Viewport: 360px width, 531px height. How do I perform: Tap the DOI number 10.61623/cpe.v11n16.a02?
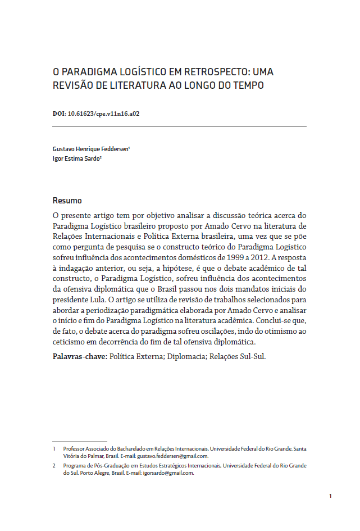[x=103, y=113]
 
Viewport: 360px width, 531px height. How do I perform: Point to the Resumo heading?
[x=67, y=201]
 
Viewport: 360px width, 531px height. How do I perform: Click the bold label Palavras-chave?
[x=79, y=356]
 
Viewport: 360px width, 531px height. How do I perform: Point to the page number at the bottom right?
[x=330, y=496]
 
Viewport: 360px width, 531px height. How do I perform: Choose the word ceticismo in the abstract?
[x=70, y=342]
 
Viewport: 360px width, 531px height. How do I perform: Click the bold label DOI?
[x=59, y=113]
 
